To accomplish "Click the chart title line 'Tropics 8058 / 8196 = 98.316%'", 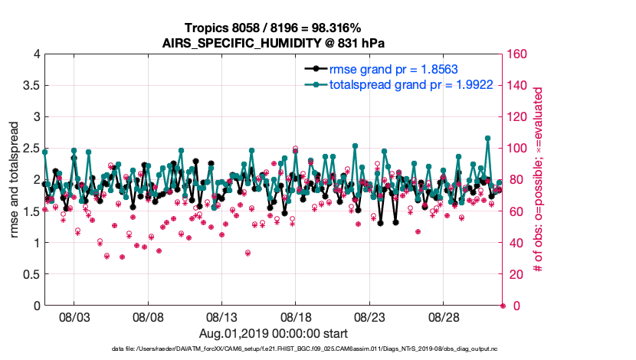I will click(274, 28).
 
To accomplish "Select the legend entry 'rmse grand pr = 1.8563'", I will click(394, 69).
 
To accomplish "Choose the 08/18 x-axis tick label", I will click(296, 316).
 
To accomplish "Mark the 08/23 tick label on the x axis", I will click(369, 316).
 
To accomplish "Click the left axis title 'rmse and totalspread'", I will click(15, 180).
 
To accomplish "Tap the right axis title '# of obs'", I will click(539, 180).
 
